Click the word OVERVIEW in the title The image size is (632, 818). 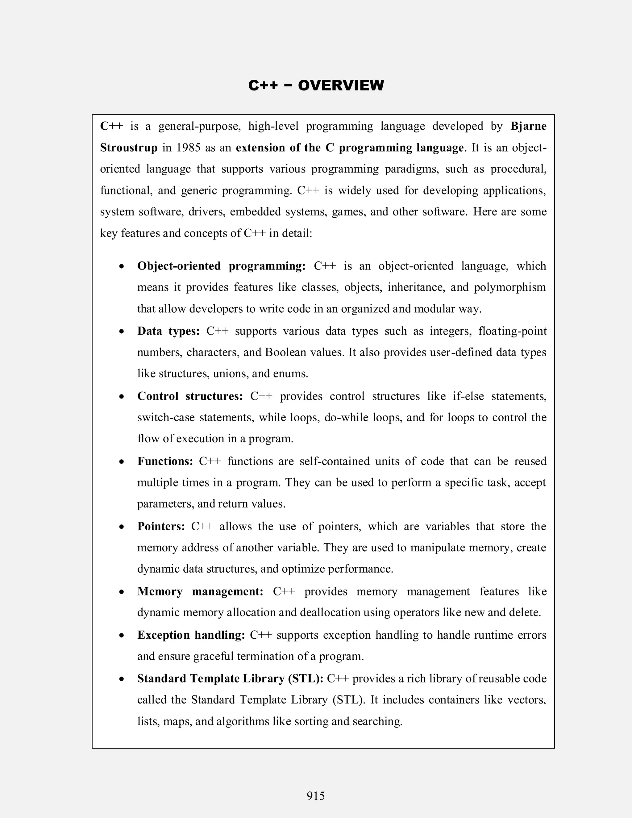(x=341, y=86)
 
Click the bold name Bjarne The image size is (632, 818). (x=528, y=127)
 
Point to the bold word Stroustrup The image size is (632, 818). (x=129, y=148)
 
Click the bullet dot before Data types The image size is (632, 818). (x=121, y=332)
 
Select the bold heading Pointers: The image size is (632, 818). (x=161, y=526)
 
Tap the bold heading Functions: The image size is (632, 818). (x=165, y=461)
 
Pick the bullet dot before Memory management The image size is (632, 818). (x=121, y=592)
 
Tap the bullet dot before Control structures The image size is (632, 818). (x=121, y=397)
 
